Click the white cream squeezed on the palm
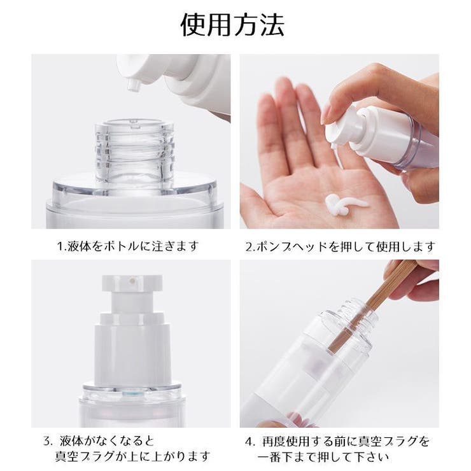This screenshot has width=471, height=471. [343, 204]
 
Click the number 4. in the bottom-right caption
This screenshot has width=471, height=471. [250, 440]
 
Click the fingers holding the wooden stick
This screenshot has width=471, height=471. [417, 280]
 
